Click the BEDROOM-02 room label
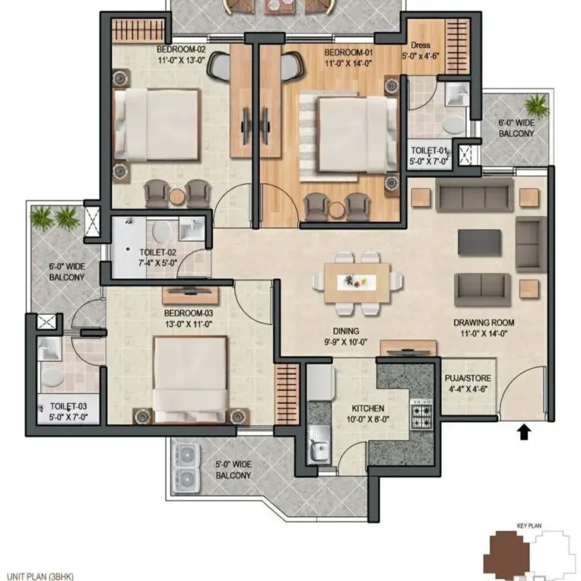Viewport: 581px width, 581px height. [181, 49]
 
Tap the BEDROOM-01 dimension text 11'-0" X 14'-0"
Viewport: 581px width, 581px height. [348, 64]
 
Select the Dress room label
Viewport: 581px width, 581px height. [420, 45]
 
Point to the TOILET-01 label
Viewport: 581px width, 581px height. [429, 151]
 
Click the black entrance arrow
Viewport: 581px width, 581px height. [524, 432]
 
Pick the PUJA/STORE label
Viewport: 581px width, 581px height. [468, 378]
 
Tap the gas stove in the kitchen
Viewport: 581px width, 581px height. [422, 415]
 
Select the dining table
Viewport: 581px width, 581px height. [357, 283]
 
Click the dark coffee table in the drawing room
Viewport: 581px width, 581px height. [479, 243]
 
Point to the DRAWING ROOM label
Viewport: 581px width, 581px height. [484, 322]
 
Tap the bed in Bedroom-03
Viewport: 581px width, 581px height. [190, 379]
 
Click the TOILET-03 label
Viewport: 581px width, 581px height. [68, 407]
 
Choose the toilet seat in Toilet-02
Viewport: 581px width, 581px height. [161, 230]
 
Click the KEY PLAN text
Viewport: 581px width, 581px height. [529, 526]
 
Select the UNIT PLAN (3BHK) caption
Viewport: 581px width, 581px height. [41, 577]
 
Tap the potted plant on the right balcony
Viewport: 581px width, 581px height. [536, 104]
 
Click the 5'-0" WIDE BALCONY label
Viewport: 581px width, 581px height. [233, 470]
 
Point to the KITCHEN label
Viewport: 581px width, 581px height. [368, 408]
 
